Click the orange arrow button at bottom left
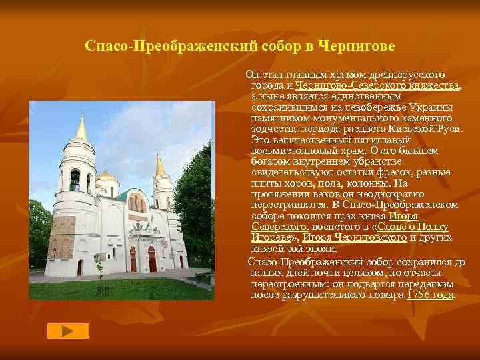68,331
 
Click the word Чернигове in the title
359,47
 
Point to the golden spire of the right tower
160,165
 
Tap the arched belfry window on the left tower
75,179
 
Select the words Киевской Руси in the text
429,129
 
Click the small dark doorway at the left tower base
81,267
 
